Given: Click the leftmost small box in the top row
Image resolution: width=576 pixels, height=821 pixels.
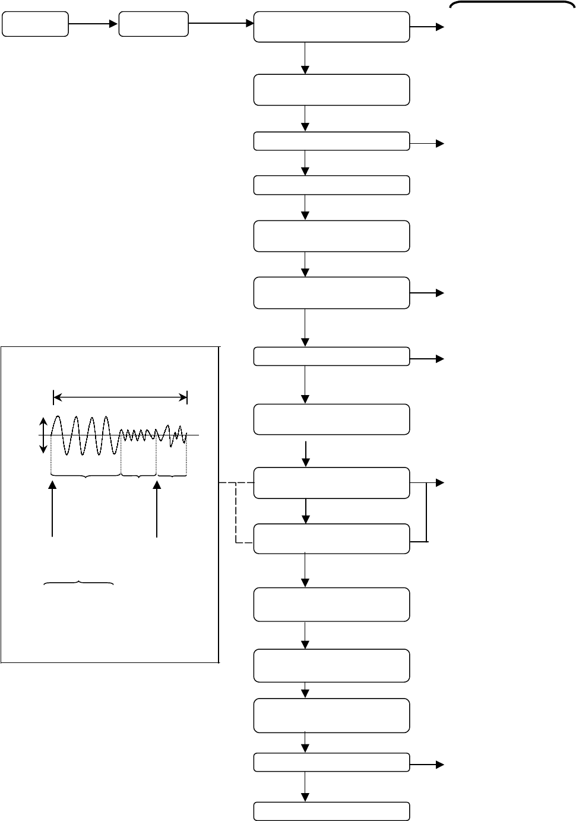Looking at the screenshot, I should click(35, 24).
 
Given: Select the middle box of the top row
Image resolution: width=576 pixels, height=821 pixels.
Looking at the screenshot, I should click(154, 24).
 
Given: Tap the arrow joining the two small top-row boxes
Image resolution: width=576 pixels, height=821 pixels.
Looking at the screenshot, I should click(93, 24).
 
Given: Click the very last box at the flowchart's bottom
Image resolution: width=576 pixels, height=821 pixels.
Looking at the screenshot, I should click(331, 811).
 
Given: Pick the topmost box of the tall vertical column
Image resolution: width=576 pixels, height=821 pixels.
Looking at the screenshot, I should click(331, 27).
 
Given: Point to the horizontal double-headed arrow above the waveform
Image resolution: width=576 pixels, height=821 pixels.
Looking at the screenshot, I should click(120, 397).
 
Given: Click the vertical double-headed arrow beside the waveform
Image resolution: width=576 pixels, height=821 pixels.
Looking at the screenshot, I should click(43, 435).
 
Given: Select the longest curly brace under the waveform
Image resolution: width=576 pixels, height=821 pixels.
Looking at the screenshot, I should click(86, 475).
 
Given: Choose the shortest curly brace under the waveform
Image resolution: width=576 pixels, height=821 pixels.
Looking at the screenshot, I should click(172, 475).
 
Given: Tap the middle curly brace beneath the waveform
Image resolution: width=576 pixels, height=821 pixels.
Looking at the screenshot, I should click(139, 475).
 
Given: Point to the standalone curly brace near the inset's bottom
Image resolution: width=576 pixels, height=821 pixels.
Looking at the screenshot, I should click(79, 584).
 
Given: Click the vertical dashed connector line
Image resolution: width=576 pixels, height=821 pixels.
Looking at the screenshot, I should click(236, 512).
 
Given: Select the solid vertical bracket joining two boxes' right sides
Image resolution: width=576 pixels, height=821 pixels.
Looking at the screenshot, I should click(427, 512).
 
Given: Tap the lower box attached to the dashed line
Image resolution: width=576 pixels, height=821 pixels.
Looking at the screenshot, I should click(331, 539).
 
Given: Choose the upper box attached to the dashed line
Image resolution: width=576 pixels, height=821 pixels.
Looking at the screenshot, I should click(331, 482).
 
